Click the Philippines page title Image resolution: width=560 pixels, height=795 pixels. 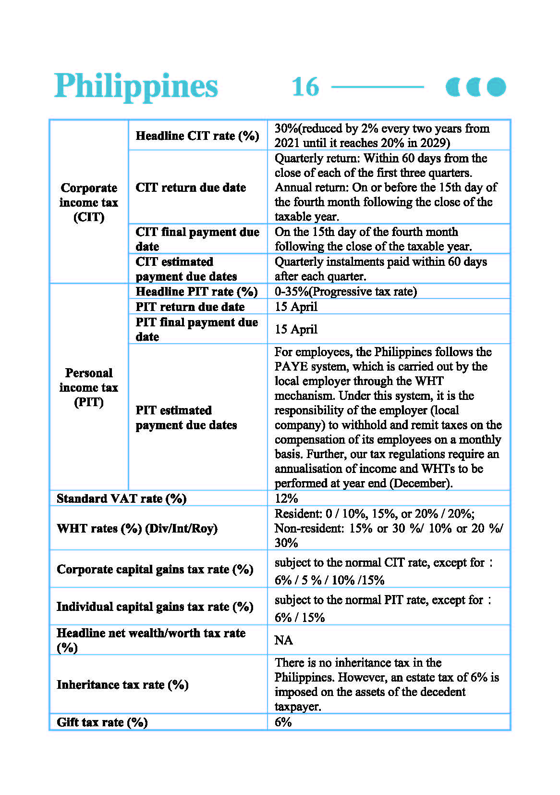(x=136, y=86)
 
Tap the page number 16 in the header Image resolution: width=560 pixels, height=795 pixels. (x=305, y=87)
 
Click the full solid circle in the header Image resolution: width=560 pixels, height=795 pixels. (x=496, y=87)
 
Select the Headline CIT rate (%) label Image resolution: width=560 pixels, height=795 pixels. (x=197, y=136)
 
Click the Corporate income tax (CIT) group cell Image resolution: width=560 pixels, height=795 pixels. (x=89, y=202)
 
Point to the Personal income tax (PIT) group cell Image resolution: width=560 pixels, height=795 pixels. (x=89, y=387)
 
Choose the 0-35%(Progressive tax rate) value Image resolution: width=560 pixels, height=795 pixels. (x=345, y=291)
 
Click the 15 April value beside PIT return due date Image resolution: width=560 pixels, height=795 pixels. (x=296, y=307)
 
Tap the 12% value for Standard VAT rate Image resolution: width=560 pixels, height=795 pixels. (x=286, y=498)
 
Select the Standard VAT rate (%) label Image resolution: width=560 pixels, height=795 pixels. (x=122, y=498)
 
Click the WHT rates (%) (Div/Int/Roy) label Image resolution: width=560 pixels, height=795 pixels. (x=137, y=528)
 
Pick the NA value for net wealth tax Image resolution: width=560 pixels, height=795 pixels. (x=283, y=640)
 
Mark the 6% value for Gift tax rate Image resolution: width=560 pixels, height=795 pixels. (x=283, y=721)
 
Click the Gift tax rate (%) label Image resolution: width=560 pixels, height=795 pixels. (x=102, y=722)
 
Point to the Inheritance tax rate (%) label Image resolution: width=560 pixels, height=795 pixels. (x=122, y=684)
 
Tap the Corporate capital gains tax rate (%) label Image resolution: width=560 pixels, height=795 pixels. (x=155, y=569)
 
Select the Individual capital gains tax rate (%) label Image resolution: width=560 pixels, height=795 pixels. (x=155, y=607)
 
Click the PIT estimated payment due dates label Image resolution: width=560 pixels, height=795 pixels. (x=186, y=417)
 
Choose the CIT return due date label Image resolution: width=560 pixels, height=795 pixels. (x=191, y=187)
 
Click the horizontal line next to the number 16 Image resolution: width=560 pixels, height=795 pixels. (x=377, y=87)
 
